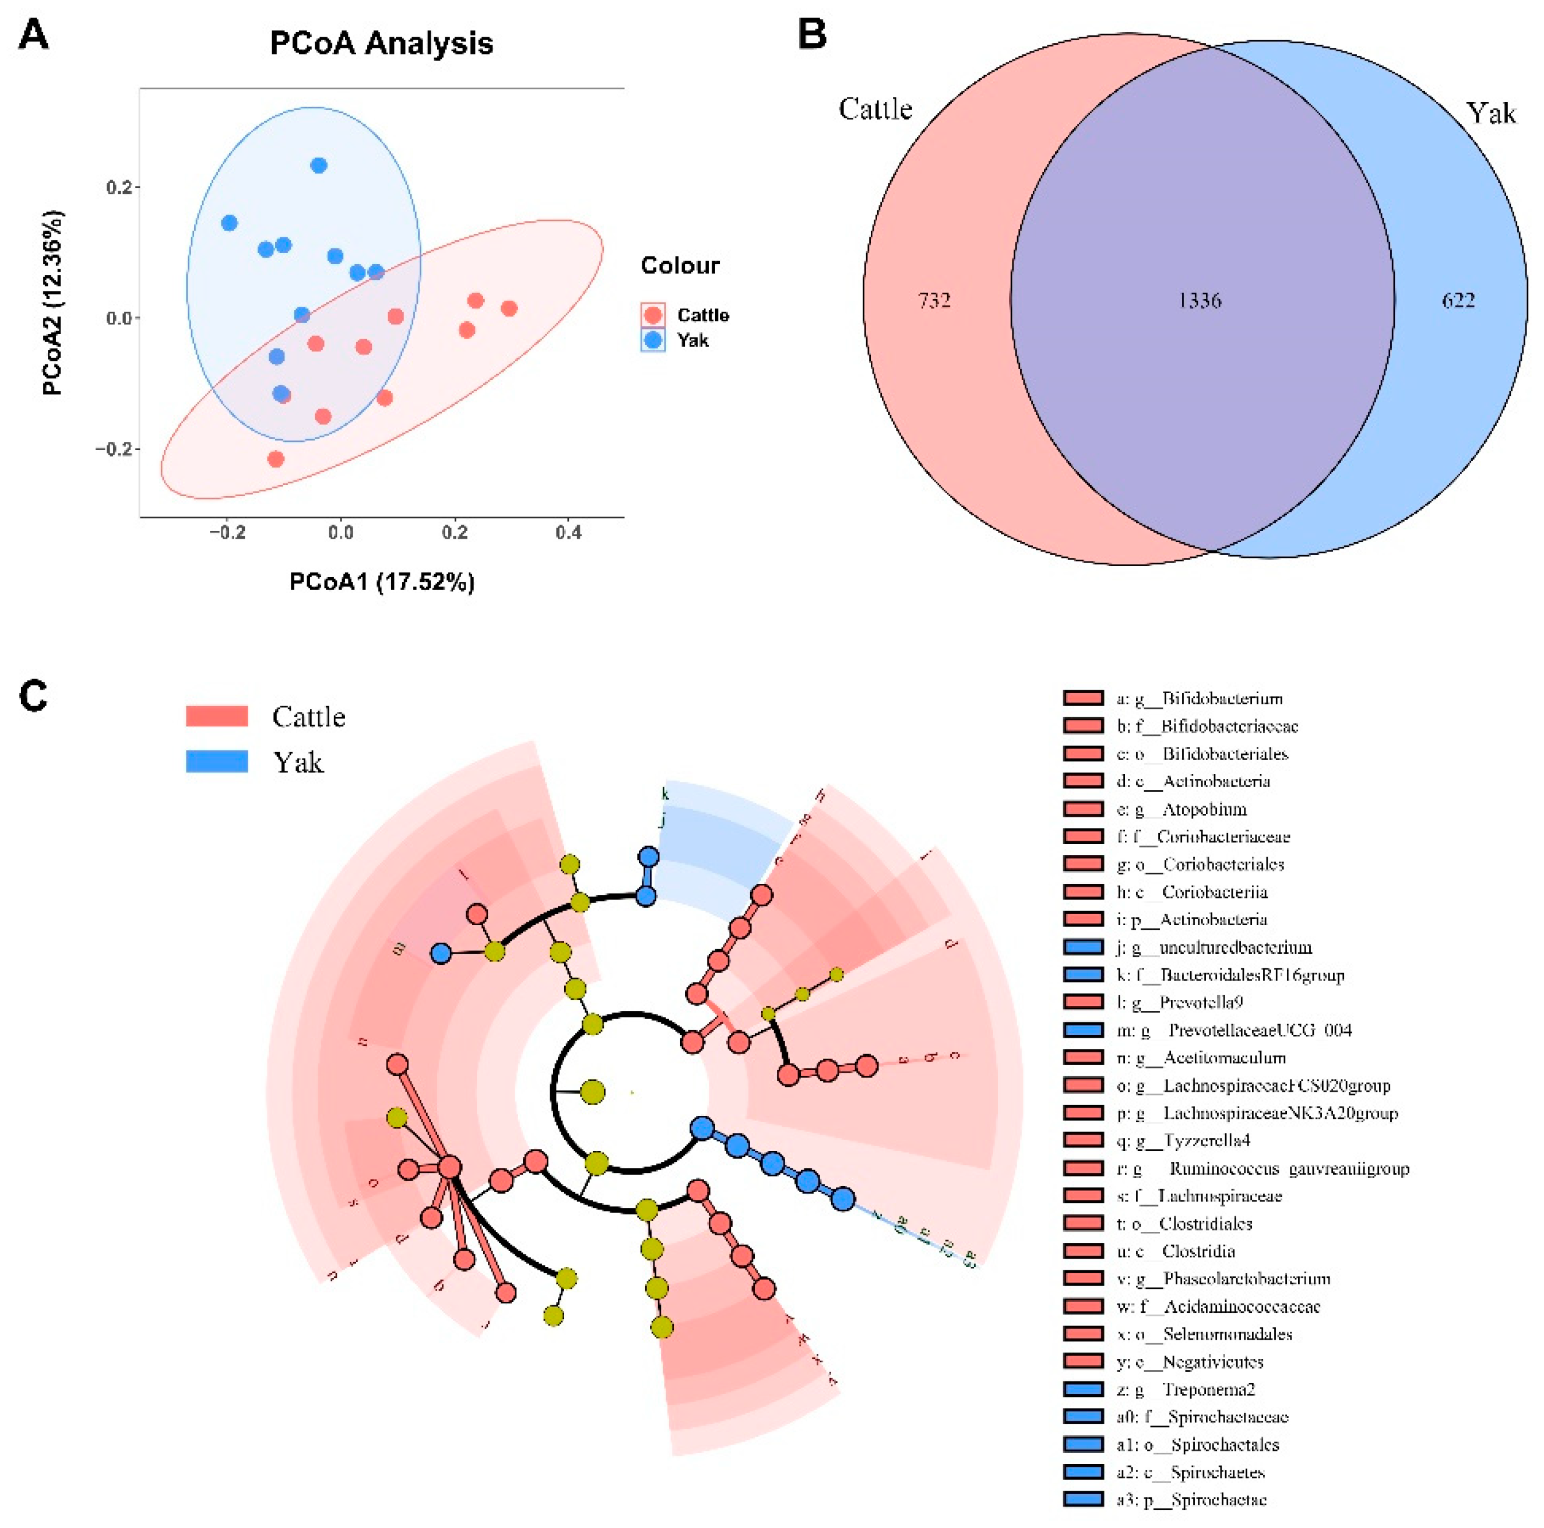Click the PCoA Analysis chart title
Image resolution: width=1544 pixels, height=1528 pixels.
pyautogui.click(x=381, y=43)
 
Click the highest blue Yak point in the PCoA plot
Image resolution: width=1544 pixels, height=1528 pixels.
pyautogui.click(x=319, y=166)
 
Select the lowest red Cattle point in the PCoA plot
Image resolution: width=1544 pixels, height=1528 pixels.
pyautogui.click(x=276, y=459)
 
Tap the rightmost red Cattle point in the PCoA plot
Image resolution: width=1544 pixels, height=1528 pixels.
pyautogui.click(x=509, y=308)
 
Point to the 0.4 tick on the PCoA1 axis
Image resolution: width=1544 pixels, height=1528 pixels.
pyautogui.click(x=568, y=532)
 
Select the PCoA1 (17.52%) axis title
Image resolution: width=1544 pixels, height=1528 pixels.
pyautogui.click(x=381, y=582)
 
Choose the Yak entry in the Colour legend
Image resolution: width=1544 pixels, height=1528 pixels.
pyautogui.click(x=692, y=340)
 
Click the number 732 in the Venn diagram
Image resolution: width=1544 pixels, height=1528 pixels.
pyautogui.click(x=934, y=300)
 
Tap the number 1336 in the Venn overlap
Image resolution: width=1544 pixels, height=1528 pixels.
pyautogui.click(x=1200, y=300)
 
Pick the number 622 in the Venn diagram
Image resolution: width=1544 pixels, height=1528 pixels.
pyautogui.click(x=1458, y=300)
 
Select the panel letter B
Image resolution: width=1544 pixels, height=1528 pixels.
pyautogui.click(x=812, y=35)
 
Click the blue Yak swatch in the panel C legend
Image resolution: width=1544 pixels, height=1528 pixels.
pyautogui.click(x=217, y=761)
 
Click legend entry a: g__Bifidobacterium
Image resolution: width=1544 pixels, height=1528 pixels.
pyautogui.click(x=1199, y=698)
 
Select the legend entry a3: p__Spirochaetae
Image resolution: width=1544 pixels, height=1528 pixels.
pyautogui.click(x=1191, y=1499)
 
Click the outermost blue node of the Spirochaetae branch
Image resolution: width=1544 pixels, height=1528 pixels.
pyautogui.click(x=842, y=1199)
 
